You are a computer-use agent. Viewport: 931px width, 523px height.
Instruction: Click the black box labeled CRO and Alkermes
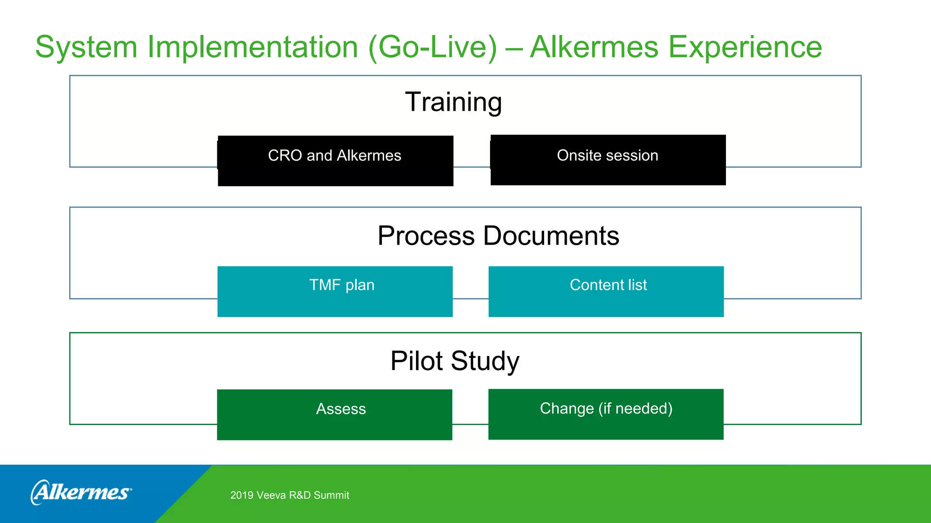335,161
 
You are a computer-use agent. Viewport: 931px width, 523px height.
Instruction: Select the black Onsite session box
608,160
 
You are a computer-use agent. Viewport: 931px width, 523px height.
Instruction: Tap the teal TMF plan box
335,291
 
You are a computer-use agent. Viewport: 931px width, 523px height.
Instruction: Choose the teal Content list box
606,291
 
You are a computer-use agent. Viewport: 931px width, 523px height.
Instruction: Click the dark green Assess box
335,414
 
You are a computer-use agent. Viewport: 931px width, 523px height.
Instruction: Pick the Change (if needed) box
606,414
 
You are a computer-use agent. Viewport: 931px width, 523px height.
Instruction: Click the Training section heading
453,102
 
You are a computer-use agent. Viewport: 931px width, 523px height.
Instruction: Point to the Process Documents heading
498,236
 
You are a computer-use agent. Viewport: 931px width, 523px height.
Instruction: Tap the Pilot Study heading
455,361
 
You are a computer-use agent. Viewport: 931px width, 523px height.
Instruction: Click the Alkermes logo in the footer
81,492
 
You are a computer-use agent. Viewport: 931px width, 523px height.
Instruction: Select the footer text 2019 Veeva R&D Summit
290,495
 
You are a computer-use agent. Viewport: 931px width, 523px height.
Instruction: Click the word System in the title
86,47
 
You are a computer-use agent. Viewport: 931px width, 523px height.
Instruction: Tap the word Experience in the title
745,47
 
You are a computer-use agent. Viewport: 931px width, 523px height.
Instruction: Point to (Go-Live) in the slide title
433,47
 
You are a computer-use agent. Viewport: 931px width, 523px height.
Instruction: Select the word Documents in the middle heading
551,236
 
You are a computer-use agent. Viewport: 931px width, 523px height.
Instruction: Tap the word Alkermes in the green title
594,47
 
